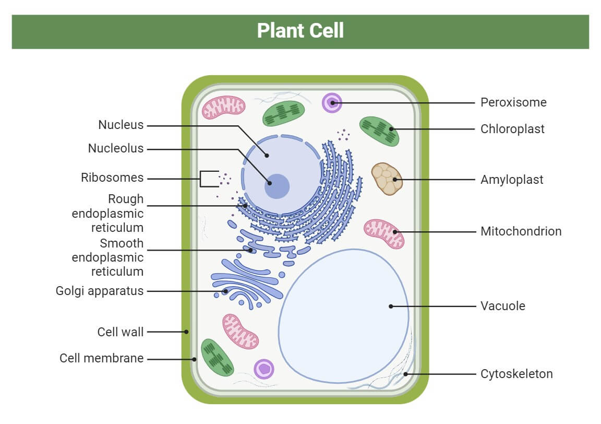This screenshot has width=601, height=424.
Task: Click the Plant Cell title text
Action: tap(300, 31)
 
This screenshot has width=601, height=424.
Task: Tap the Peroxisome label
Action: tap(513, 102)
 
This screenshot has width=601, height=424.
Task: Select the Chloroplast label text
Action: tap(512, 129)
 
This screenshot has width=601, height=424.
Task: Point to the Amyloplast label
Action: tap(512, 180)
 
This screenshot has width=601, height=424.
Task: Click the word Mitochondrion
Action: tap(521, 231)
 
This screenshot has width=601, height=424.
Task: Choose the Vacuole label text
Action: tap(502, 306)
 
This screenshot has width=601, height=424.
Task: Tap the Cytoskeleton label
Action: tap(516, 374)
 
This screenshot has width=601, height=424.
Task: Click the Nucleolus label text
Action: tap(115, 149)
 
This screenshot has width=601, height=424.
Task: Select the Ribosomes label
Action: tap(112, 178)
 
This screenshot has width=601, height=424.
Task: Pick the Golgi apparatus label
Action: tap(99, 291)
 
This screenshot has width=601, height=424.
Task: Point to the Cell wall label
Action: tap(120, 332)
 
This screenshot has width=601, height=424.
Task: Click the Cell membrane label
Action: tap(101, 359)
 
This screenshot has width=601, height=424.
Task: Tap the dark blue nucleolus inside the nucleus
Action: tap(277, 186)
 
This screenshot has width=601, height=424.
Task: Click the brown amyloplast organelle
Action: tap(387, 179)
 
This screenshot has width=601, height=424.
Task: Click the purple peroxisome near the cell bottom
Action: tap(264, 369)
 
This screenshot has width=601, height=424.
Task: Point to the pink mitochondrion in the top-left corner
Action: tap(223, 107)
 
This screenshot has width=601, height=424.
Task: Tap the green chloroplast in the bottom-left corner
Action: tap(218, 357)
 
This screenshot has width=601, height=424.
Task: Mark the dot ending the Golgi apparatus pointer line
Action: tap(225, 291)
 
